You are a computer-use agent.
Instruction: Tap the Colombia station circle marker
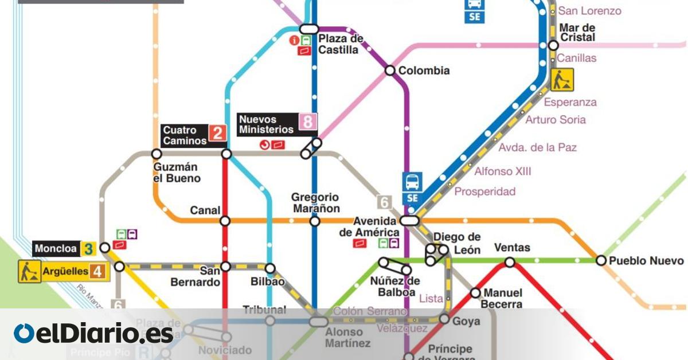pos(390,71)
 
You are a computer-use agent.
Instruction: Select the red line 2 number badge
pos(217,134)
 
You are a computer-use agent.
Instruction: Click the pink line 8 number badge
pos(308,122)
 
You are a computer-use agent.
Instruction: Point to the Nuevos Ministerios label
pos(267,124)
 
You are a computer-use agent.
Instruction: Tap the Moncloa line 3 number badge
pos(88,249)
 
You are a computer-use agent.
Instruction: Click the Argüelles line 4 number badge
pos(97,271)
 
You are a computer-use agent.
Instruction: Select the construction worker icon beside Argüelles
pos(29,271)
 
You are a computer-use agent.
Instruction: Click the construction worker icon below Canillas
pos(562,80)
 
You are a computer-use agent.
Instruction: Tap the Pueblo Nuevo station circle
pos(601,260)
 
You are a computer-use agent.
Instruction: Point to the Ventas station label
pos(512,248)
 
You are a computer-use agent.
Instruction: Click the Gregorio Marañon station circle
pos(314,221)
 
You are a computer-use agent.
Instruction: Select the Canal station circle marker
pos(225,221)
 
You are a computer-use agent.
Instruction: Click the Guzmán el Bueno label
pos(177,173)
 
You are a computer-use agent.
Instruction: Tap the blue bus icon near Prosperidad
pos(412,182)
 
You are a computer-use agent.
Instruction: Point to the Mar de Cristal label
pos(577,33)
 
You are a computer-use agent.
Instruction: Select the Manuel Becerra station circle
pos(475,293)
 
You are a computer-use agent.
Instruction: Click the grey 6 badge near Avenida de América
pos(384,202)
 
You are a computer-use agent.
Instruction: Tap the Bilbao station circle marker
pos(270,268)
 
